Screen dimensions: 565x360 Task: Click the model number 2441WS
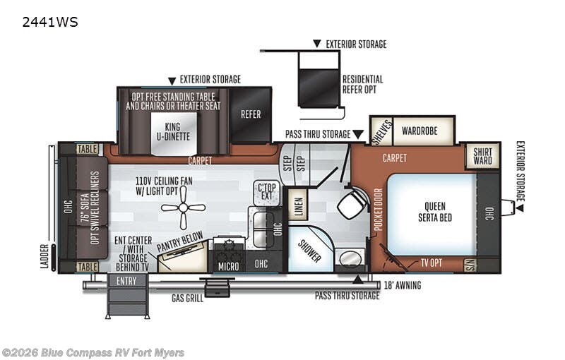(49, 23)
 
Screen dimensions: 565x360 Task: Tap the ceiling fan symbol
(183, 208)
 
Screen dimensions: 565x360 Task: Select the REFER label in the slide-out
(251, 114)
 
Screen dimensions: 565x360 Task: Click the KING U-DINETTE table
(173, 133)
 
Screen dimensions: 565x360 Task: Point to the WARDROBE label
(420, 131)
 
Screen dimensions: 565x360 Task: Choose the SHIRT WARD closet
(482, 156)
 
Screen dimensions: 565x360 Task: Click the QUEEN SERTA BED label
(435, 212)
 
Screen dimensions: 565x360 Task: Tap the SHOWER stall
(311, 248)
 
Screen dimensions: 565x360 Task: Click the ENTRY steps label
(126, 281)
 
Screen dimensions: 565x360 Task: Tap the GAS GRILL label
(187, 298)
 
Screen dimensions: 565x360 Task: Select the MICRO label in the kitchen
(228, 266)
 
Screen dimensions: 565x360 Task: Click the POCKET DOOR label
(378, 210)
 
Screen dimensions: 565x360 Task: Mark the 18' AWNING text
(403, 285)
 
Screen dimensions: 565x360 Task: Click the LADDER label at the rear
(44, 256)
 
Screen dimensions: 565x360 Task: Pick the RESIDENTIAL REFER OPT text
(362, 84)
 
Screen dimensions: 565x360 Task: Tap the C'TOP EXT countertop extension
(267, 191)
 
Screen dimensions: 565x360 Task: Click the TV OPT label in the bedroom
(432, 263)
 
